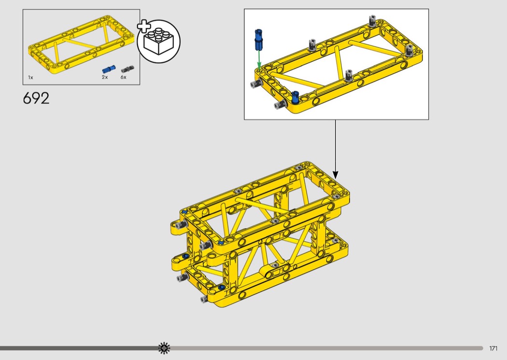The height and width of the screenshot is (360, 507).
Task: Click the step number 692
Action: [36, 98]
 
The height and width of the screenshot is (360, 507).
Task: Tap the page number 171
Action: [493, 348]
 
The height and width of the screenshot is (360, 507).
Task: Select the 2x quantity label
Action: [105, 77]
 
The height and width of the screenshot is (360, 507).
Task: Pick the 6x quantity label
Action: [124, 77]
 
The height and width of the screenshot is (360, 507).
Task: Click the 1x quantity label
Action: [31, 78]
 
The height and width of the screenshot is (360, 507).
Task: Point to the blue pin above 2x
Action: [109, 69]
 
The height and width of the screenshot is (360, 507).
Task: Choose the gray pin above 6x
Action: [127, 69]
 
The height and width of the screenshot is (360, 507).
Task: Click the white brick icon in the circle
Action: [159, 42]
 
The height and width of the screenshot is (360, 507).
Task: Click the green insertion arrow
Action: [259, 60]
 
